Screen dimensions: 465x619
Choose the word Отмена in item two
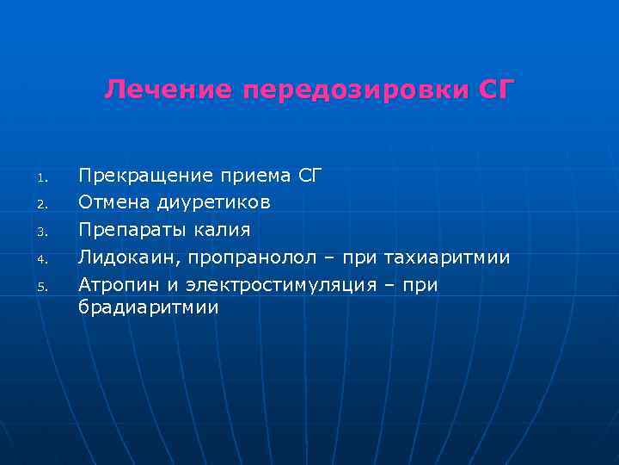[113, 203]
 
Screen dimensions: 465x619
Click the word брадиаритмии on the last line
[149, 307]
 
